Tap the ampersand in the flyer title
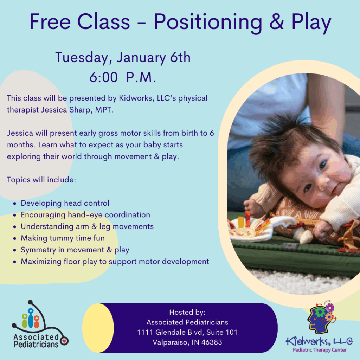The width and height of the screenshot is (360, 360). [x=277, y=22]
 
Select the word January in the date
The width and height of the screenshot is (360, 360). [x=141, y=58]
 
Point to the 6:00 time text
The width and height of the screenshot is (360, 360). [x=103, y=77]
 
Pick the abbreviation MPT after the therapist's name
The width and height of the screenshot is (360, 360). [x=104, y=110]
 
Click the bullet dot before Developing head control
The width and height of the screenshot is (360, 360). [x=15, y=204]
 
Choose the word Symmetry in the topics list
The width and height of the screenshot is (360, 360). [x=38, y=250]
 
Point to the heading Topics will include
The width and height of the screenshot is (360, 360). [x=41, y=180]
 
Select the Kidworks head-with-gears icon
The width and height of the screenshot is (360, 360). [x=321, y=317]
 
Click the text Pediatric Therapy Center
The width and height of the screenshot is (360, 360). [x=319, y=350]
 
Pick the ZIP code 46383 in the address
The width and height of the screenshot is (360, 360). [x=212, y=342]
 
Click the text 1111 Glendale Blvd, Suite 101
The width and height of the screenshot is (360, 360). [x=187, y=332]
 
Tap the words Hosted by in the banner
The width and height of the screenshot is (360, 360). [x=187, y=313]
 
